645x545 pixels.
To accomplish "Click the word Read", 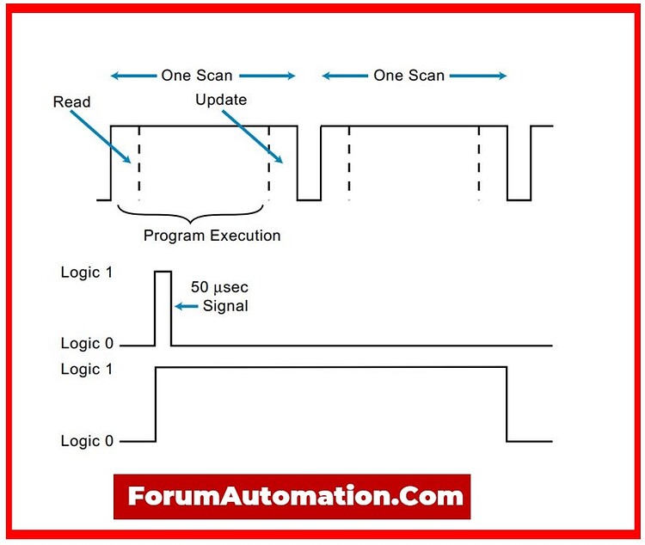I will click(x=71, y=102).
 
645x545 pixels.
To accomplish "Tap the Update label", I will click(x=221, y=100).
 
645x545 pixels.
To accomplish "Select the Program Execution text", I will click(x=212, y=235).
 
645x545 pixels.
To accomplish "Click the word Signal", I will click(x=224, y=306).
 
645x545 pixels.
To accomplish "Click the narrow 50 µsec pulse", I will click(x=163, y=305).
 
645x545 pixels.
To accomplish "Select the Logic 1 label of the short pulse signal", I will click(x=87, y=272).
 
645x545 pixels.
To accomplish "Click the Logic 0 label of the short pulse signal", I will click(x=87, y=344).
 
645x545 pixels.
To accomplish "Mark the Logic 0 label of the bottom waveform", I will click(x=87, y=441).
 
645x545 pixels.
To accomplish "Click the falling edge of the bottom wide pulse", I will click(x=506, y=404).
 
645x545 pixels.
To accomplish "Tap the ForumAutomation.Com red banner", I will click(x=292, y=496).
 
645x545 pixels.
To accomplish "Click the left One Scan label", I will click(x=197, y=76).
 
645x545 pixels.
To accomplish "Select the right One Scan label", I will click(x=408, y=76).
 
